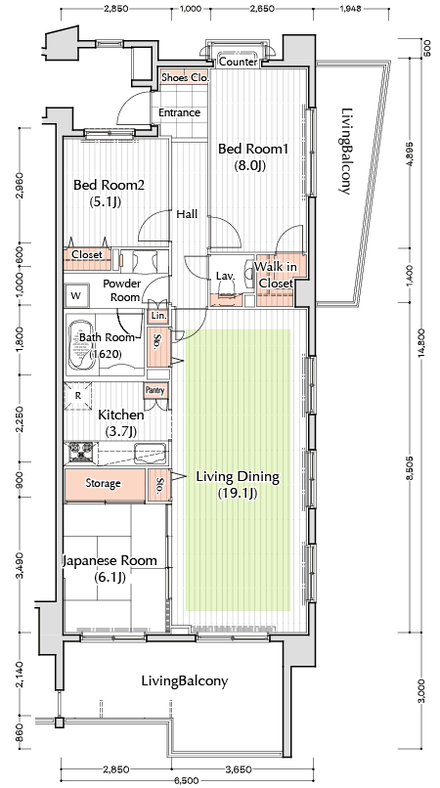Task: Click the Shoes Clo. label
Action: click(182, 78)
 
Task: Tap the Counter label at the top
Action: click(239, 62)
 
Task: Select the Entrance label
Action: click(179, 112)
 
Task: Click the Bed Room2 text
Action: click(109, 185)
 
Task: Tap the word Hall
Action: click(187, 214)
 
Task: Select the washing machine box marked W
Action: click(77, 295)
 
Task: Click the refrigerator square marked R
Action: click(78, 396)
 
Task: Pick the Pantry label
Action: click(154, 390)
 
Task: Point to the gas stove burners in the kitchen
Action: click(80, 451)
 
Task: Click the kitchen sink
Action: click(150, 454)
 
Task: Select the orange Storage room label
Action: click(103, 483)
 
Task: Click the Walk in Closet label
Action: click(275, 275)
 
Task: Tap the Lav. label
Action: click(223, 276)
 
